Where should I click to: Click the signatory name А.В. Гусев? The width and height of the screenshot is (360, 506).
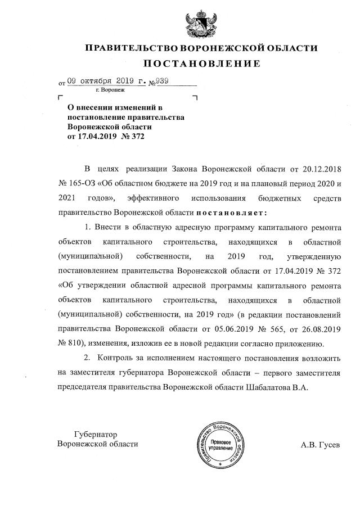click(x=321, y=444)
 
